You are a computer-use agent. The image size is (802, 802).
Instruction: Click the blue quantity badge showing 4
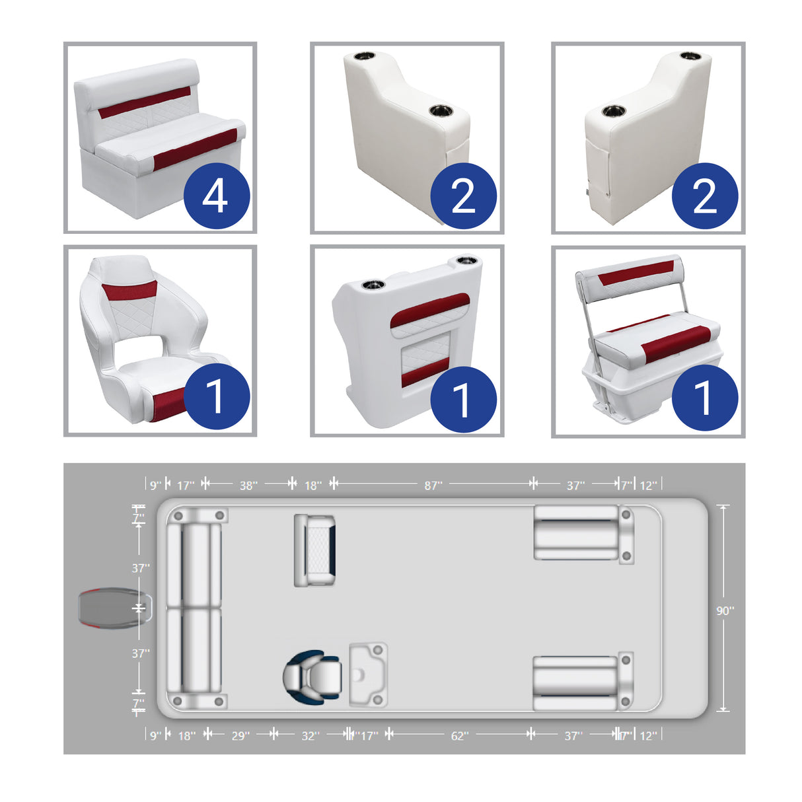click(216, 196)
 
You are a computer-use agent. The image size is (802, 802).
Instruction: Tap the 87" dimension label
click(433, 486)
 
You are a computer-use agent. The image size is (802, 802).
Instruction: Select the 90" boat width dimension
click(725, 610)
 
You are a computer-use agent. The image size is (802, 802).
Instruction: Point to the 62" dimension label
click(459, 735)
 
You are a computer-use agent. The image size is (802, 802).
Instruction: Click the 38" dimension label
click(248, 486)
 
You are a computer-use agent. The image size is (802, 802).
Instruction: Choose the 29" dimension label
click(240, 735)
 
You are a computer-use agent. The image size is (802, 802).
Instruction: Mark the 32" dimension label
click(310, 735)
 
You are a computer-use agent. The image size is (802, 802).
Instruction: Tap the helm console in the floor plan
click(368, 674)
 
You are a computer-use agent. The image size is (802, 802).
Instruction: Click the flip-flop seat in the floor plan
click(314, 550)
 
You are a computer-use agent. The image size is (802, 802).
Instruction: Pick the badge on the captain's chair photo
click(216, 396)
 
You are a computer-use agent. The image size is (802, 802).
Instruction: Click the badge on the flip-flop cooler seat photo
click(704, 398)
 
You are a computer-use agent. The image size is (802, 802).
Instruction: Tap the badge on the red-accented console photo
click(462, 400)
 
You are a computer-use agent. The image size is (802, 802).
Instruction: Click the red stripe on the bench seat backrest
click(145, 102)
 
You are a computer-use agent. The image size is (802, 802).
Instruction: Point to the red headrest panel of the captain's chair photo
click(129, 289)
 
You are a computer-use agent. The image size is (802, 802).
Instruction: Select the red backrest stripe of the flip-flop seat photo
click(636, 272)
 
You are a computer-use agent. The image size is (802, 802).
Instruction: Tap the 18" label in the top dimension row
click(312, 486)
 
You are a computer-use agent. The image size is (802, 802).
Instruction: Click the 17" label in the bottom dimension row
click(369, 735)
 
